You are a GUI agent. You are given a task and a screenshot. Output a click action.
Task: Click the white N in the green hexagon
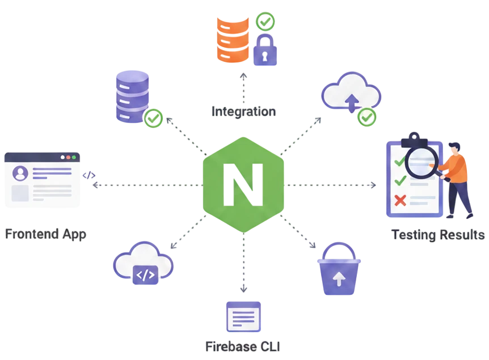(243, 185)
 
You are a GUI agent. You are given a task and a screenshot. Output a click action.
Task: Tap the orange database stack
(233, 40)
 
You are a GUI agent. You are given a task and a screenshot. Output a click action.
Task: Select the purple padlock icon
(265, 50)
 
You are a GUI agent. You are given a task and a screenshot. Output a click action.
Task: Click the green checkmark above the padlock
(265, 22)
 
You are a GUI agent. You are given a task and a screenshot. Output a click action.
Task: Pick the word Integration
(243, 112)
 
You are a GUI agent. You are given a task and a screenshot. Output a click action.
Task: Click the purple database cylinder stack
(132, 96)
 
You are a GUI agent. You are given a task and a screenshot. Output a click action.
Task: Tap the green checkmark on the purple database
(153, 118)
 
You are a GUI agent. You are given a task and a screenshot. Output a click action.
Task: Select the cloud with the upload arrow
(351, 92)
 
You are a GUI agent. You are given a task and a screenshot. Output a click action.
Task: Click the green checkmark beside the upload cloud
(366, 117)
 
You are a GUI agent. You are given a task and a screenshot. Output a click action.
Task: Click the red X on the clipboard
(400, 201)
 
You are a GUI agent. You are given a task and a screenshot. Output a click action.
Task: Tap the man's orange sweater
(456, 168)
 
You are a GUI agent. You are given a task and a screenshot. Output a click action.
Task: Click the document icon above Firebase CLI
(243, 317)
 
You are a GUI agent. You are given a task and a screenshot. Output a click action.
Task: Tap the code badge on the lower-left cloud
(145, 275)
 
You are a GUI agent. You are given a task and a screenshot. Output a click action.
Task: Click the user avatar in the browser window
(20, 173)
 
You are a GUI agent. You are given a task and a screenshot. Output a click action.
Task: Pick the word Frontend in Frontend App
(32, 234)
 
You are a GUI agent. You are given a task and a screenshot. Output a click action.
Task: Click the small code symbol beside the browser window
(89, 175)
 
